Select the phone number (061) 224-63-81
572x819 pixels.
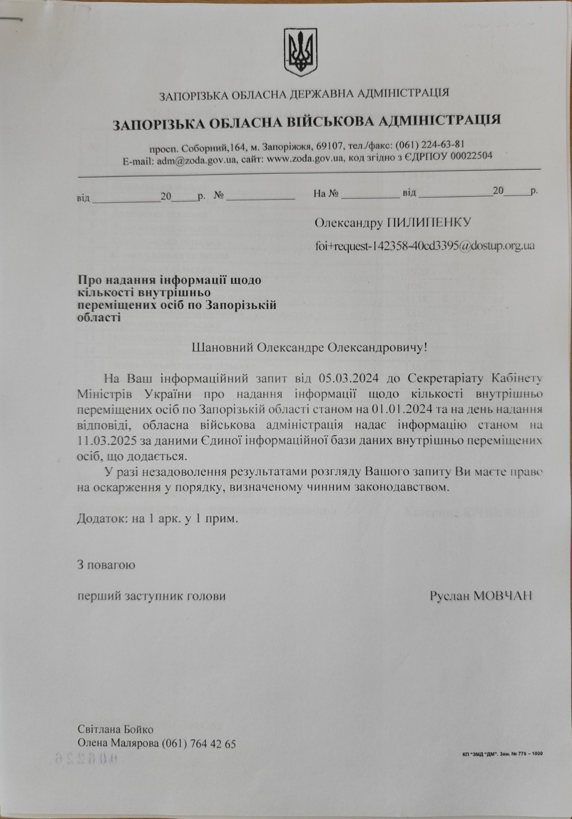433,144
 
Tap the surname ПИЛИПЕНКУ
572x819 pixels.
429,223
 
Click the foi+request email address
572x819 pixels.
425,246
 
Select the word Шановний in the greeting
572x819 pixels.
223,347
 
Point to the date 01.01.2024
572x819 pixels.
405,409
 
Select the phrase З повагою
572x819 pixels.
106,565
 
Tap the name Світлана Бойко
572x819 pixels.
115,729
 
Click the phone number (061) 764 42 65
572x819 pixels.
199,743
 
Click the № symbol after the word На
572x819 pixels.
334,193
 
